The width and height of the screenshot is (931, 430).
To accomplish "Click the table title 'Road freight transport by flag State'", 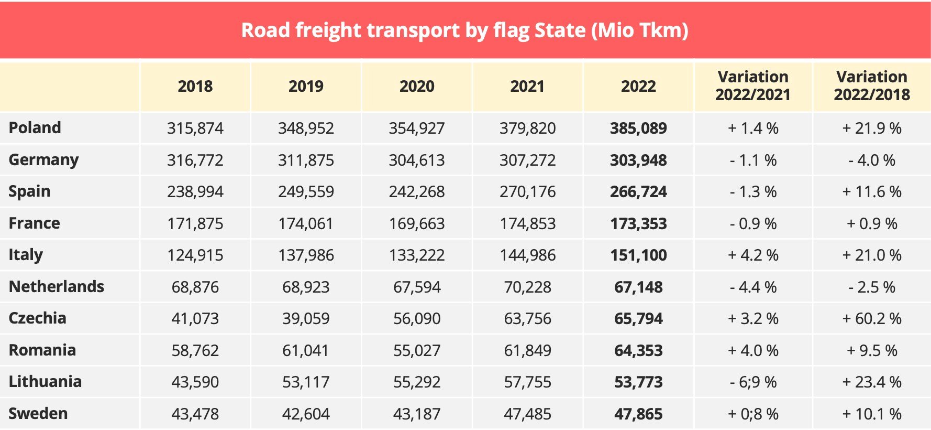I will coord(464,30).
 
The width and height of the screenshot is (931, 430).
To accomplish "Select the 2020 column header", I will coord(417,87).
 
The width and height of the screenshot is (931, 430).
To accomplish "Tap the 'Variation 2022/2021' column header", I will coord(752,86).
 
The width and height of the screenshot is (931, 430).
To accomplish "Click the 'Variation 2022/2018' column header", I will coord(871,86).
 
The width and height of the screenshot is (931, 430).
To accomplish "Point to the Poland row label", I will coord(35,128).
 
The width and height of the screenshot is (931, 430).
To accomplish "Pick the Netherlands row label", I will coord(57,287).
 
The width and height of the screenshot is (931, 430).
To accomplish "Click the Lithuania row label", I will coord(45,382).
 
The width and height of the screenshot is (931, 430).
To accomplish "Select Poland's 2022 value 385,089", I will coord(638,128).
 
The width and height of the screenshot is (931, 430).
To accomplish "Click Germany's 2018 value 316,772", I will coord(195,160).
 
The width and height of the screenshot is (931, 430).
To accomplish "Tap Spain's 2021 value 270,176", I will coord(527,192).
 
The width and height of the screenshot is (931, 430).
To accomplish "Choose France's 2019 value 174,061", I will coord(306,224).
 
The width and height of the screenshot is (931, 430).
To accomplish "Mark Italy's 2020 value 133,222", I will coord(417,255).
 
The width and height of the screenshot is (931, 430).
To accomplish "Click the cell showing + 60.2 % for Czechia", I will coord(871,319).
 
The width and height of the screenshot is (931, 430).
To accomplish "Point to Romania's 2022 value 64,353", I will coord(638,351).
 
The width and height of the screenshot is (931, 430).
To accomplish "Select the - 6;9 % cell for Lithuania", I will coord(753,382).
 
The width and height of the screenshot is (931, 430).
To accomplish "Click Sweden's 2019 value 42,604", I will coord(306,414).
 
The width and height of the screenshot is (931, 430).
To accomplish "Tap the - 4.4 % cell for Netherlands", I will coord(753,287).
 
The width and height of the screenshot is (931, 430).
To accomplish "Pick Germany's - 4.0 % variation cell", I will coord(871,160).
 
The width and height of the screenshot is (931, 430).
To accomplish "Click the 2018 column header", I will coord(195,87).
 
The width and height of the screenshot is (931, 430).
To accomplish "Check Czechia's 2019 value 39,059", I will coord(306,319).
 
